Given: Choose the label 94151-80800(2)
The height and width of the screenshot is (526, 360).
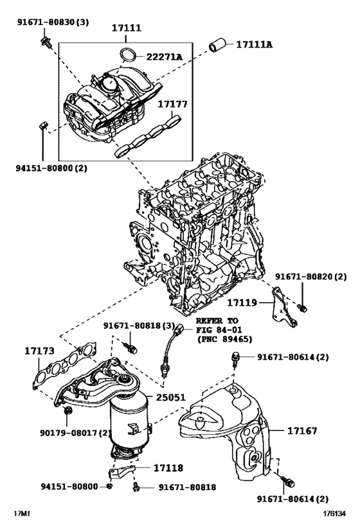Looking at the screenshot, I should [x=51, y=168].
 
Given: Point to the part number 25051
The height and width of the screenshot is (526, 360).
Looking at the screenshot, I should [x=170, y=398].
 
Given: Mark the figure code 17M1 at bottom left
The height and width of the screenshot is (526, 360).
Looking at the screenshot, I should [x=24, y=514].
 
